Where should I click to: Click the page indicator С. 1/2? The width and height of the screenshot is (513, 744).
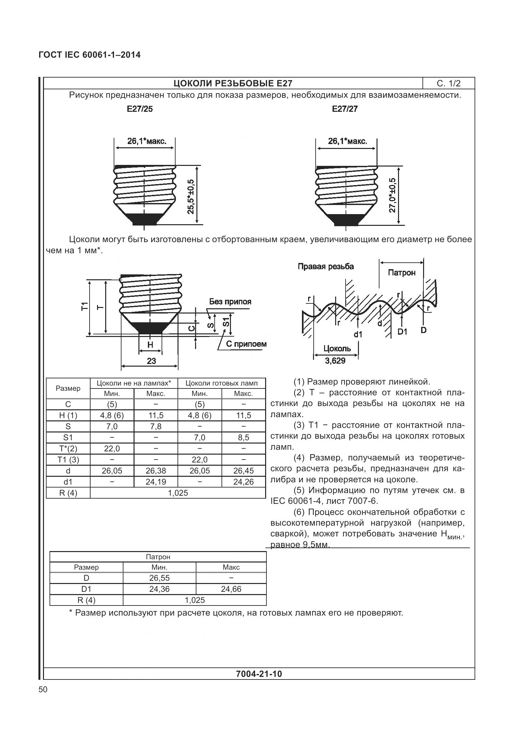click(x=449, y=83)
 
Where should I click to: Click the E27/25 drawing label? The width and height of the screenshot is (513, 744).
click(x=140, y=109)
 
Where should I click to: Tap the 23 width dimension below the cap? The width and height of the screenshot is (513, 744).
click(x=151, y=361)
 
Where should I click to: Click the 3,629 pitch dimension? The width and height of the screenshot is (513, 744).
click(x=335, y=360)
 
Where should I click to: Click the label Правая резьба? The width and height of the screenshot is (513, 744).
click(x=325, y=267)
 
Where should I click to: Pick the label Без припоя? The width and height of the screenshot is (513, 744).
click(x=230, y=301)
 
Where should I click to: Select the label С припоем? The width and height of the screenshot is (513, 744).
click(x=246, y=344)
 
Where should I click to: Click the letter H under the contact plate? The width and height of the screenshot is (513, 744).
click(x=150, y=344)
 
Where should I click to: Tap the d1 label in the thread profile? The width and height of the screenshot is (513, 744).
click(x=358, y=334)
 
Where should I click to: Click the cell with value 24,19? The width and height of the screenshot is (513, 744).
click(x=156, y=482)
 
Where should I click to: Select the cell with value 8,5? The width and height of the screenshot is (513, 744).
click(x=243, y=437)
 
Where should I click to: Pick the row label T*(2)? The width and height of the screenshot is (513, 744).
click(x=68, y=448)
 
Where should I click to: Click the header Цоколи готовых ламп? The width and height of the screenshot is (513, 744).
click(x=221, y=383)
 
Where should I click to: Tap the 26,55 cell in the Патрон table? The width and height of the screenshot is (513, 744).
click(x=159, y=578)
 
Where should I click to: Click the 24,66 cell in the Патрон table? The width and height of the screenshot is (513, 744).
click(x=231, y=589)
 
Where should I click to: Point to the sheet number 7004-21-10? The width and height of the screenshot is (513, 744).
click(x=259, y=674)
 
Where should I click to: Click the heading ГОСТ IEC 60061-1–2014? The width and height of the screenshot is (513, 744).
click(x=90, y=55)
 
